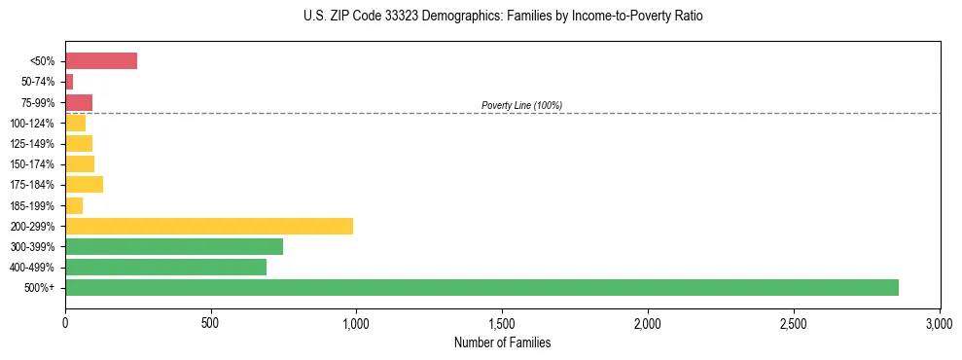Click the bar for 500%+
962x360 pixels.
pos(481,287)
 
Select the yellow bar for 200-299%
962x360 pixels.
pos(209,226)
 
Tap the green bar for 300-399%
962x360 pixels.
pos(174,246)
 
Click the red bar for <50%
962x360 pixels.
pos(101,61)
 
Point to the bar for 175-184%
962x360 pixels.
pos(84,184)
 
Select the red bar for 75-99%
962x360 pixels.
pos(79,102)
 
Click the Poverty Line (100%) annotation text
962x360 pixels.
pos(521,105)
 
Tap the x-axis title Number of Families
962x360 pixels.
pos(502,342)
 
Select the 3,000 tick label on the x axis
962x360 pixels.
pos(940,321)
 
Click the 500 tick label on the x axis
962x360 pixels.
pos(210,321)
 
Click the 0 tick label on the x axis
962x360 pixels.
pos(65,321)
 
